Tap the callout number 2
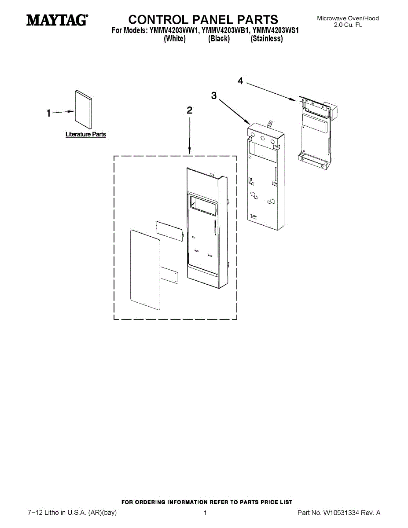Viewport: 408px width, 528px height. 189,110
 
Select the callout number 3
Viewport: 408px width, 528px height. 214,95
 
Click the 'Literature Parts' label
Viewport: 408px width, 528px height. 86,134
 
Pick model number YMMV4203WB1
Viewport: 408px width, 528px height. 224,31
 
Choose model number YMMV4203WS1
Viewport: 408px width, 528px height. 276,31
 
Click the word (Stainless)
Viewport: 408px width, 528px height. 267,39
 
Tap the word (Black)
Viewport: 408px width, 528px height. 219,39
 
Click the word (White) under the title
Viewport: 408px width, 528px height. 175,39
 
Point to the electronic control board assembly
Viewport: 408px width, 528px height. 316,132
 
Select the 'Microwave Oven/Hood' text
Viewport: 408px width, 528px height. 348,18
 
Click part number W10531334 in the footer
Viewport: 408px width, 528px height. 342,513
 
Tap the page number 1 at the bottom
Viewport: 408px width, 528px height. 205,513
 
